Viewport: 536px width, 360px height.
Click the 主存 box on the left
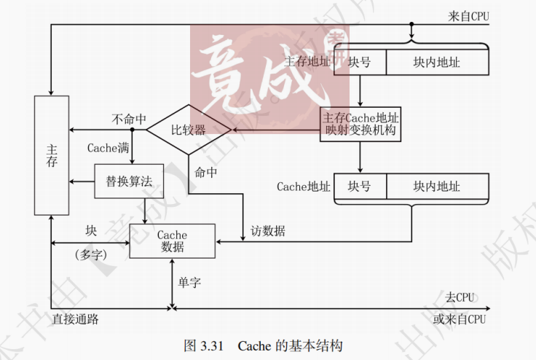pyautogui.click(x=52, y=155)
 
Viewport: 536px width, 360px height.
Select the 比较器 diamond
pyautogui.click(x=189, y=130)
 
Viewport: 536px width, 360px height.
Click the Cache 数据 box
pyautogui.click(x=173, y=241)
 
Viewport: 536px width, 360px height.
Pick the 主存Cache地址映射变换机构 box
pyautogui.click(x=361, y=124)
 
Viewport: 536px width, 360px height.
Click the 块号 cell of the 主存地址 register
pyautogui.click(x=360, y=63)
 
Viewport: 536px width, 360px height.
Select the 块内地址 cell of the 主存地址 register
pyautogui.click(x=437, y=63)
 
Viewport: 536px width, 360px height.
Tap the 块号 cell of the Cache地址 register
pyautogui.click(x=360, y=187)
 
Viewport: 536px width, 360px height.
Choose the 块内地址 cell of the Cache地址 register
pyautogui.click(x=437, y=187)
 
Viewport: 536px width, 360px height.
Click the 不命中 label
pyautogui.click(x=129, y=119)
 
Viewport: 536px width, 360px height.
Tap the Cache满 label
pyautogui.click(x=109, y=147)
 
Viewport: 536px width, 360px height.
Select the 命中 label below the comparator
pyautogui.click(x=206, y=173)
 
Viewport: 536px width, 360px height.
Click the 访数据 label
pyautogui.click(x=268, y=232)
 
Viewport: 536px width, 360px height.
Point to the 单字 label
pyautogui.click(x=189, y=282)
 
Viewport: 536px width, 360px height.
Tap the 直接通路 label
pyautogui.click(x=76, y=319)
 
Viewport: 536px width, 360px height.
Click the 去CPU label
pyautogui.click(x=460, y=297)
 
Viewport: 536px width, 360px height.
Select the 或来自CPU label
pyautogui.click(x=460, y=319)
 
